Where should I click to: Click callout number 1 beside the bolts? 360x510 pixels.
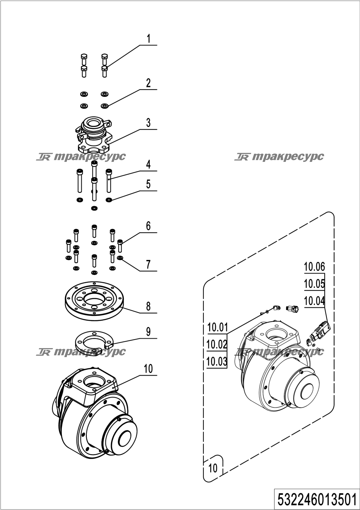point(148,39)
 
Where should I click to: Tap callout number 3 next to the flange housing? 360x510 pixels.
point(148,123)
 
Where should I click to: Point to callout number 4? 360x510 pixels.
point(148,164)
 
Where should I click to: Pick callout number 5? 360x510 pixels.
point(148,184)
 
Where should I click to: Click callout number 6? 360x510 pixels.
point(148,226)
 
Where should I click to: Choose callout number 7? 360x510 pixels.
point(148,264)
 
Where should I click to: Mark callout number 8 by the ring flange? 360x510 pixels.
point(148,306)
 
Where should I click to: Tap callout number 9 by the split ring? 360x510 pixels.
point(148,332)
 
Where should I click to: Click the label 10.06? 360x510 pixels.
point(315,267)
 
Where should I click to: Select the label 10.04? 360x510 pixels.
point(315,301)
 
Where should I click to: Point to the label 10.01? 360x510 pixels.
point(217,328)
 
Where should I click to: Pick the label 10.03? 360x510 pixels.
point(217,362)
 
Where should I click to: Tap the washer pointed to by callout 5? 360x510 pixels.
point(109,200)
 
